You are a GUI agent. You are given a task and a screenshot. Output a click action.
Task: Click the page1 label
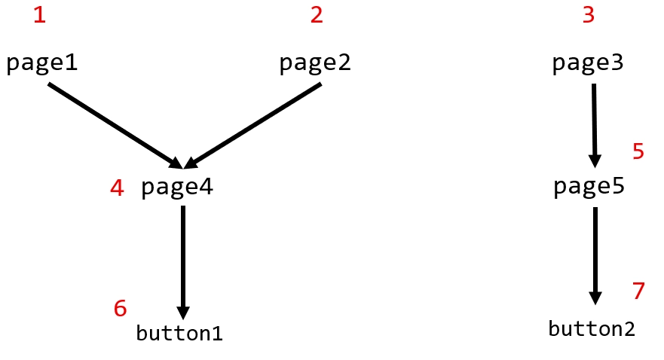pos(42,63)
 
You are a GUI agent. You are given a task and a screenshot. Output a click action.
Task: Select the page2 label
pos(315,63)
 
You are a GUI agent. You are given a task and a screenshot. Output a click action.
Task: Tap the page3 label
pos(588,63)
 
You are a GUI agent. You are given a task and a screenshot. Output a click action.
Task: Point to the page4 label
pos(177,187)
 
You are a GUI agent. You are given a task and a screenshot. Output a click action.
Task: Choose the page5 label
pos(589,187)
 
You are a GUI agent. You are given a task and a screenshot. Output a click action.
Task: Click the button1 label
pos(179,333)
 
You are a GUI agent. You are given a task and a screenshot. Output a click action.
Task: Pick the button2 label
pos(592,329)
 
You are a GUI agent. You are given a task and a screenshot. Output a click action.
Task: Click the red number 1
pos(39,15)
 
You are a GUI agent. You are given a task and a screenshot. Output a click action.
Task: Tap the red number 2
pos(317,15)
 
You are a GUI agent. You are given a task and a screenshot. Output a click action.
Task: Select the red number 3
pos(589,15)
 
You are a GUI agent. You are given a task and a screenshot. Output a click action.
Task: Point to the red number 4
pos(117,188)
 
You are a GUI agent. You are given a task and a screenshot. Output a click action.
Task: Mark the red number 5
pos(638,152)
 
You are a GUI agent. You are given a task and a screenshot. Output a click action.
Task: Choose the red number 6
pos(120,308)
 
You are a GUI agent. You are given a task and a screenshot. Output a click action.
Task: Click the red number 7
pos(639,291)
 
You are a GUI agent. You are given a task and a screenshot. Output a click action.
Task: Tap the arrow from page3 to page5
pos(594,125)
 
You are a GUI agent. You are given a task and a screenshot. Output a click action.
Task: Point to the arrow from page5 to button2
pos(595,252)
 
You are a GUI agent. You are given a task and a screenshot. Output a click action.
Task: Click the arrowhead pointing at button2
pos(595,297)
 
